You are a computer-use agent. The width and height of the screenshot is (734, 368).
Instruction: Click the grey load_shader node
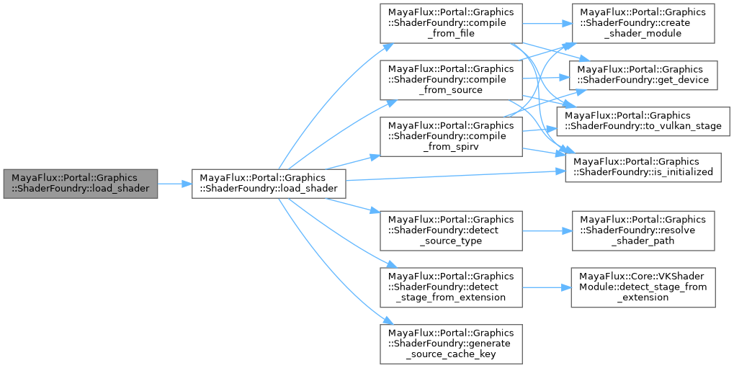tap(80, 184)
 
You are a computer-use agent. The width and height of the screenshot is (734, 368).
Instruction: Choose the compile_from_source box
tap(451, 80)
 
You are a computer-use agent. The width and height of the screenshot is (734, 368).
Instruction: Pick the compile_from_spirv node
tap(451, 136)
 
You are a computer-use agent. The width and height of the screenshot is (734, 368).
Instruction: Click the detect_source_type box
tap(451, 230)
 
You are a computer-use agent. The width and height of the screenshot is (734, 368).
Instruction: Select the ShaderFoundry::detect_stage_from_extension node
tap(451, 287)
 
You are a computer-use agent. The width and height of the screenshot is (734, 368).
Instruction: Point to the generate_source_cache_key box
tap(451, 343)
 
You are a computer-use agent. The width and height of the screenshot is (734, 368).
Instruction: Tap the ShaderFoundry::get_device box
tap(644, 74)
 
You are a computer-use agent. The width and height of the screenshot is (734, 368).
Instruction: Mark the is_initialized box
tap(643, 167)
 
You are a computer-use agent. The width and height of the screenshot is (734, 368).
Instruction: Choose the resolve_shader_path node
tap(643, 230)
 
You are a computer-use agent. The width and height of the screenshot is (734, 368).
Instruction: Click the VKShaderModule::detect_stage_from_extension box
tap(643, 287)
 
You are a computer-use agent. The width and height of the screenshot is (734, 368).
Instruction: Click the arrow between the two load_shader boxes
tap(174, 184)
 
